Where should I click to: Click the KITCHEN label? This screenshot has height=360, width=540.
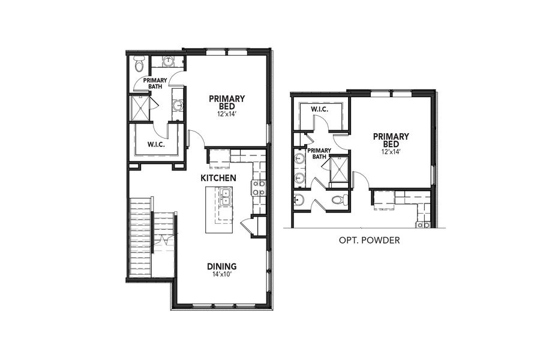[x=218, y=178]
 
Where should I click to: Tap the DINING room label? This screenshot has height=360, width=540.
[x=221, y=266]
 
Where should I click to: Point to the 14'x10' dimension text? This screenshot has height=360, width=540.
[x=221, y=275]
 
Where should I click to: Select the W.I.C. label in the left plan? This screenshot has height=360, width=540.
[x=156, y=145]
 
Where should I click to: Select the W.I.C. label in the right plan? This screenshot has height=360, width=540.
[x=319, y=110]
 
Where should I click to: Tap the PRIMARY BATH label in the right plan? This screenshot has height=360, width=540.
[x=319, y=154]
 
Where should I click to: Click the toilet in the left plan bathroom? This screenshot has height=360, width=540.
[x=139, y=63]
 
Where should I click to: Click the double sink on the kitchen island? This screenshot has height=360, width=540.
[x=226, y=196]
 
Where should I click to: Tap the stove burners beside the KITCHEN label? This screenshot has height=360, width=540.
[x=259, y=188]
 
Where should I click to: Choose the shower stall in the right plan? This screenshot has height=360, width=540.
[x=340, y=168]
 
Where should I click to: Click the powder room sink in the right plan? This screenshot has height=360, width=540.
[x=299, y=200]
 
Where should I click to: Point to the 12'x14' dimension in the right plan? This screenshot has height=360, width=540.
[x=391, y=152]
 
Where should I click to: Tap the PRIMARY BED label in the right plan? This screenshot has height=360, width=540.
[x=391, y=140]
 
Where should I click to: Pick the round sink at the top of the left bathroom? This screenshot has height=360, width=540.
[x=169, y=61]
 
